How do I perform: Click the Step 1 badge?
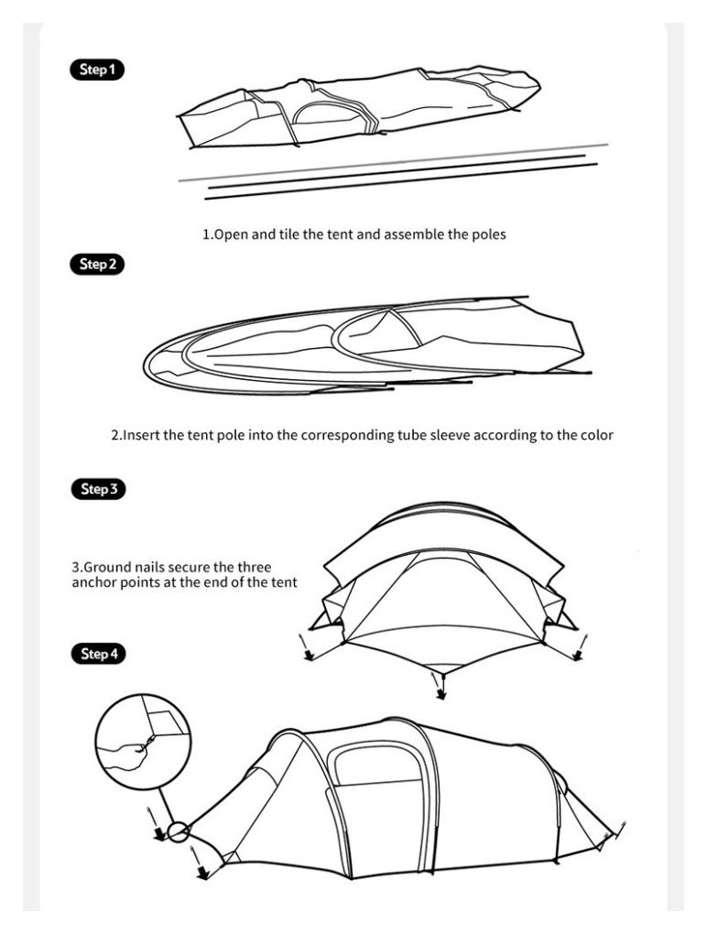[x=97, y=70]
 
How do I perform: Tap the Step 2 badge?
[x=97, y=264]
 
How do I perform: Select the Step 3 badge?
[x=98, y=489]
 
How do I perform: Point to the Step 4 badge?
[x=98, y=654]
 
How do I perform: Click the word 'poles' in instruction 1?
[x=489, y=234]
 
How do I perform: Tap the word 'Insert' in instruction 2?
[x=142, y=435]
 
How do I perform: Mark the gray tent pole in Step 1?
[x=393, y=162]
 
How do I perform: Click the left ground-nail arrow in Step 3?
[x=305, y=646]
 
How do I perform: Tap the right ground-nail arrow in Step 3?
[x=580, y=647]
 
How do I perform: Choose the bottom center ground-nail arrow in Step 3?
[x=439, y=686]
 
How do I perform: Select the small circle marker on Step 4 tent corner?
[x=178, y=831]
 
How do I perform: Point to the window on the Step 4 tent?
[x=377, y=764]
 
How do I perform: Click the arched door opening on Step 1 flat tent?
[x=326, y=114]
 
